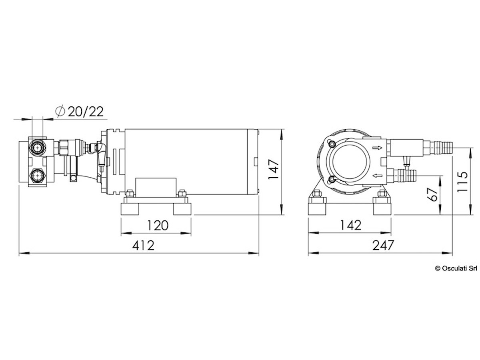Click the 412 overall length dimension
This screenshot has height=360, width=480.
[x=143, y=245]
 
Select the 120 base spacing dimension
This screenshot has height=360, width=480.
[x=158, y=225]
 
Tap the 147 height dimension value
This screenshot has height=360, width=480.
[x=274, y=169]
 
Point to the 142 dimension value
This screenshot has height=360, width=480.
[x=351, y=225]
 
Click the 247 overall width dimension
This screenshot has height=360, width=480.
[x=383, y=245]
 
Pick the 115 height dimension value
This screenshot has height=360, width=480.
[x=462, y=182]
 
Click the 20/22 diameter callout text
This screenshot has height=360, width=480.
[x=86, y=112]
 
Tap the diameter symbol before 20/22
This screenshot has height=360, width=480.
[x=60, y=112]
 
